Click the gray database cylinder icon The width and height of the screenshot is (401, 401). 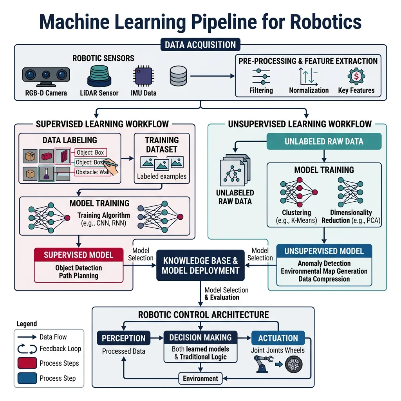pos(178,76)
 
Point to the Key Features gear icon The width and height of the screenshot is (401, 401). pos(356,76)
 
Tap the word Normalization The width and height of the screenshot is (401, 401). pos(309,90)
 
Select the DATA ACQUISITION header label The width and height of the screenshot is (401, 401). pos(200,45)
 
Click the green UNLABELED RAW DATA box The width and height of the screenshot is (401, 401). pos(324,141)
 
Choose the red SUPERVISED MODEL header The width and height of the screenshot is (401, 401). pos(78,255)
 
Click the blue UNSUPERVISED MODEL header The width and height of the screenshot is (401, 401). pos(324,251)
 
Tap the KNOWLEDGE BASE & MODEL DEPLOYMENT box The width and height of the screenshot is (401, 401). pos(200,266)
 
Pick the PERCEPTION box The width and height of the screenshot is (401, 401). pos(123,338)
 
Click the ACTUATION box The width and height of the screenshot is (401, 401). pos(278,338)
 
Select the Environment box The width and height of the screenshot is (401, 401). pos(200,378)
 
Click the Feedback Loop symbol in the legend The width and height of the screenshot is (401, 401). pos(27,349)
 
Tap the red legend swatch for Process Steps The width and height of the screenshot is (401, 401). pos(27,363)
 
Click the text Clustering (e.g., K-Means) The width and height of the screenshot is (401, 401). pos(296,217)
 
